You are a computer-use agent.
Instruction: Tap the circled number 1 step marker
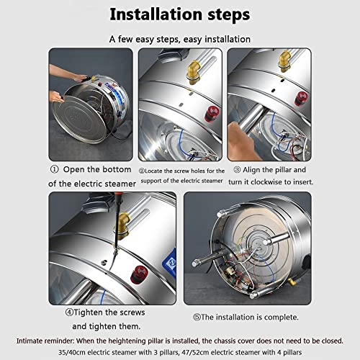coord(54,169)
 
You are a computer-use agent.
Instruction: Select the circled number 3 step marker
coord(237,170)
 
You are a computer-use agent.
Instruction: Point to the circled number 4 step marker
coord(69,312)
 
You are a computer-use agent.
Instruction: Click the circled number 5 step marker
coord(197,318)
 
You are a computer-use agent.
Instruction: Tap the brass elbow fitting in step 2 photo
coord(194,72)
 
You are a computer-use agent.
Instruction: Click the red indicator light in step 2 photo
coord(212,114)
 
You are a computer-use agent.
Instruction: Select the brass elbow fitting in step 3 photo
coord(285,61)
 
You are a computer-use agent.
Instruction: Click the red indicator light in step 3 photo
coord(300,99)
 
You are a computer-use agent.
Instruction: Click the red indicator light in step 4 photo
coord(139,274)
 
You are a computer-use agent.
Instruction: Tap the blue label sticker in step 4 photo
coord(171,261)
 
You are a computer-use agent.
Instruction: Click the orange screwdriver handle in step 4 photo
coord(118,200)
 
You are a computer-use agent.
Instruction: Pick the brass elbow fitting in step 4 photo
coord(123,225)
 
